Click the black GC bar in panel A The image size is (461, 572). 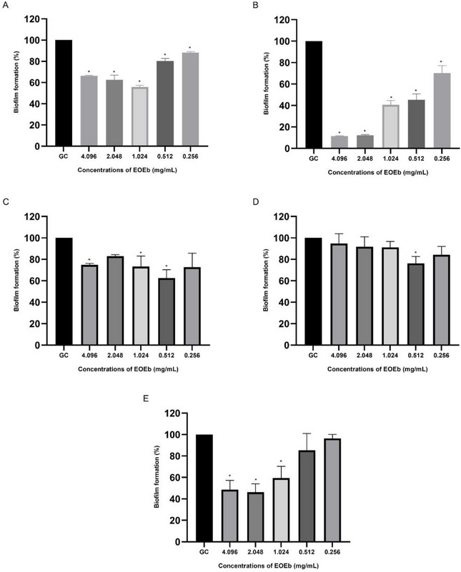click(x=64, y=93)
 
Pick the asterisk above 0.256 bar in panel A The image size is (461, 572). click(x=189, y=48)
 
